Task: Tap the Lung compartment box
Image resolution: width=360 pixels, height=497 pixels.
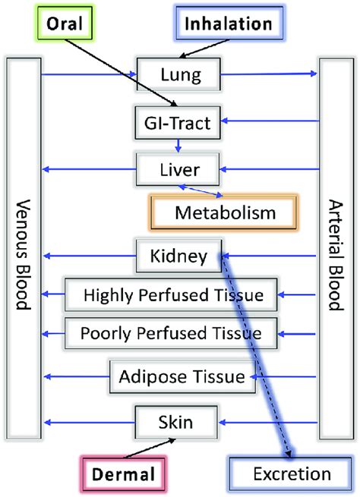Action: [x=179, y=74]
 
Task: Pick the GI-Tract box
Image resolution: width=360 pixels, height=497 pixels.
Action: [x=179, y=119]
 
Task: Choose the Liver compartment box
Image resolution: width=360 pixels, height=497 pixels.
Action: [x=179, y=168]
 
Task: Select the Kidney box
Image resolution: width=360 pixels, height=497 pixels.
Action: [x=179, y=256]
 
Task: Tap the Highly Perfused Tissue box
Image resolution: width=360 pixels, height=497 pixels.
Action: [x=173, y=294]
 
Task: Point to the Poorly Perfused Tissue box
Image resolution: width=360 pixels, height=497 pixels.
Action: [x=173, y=332]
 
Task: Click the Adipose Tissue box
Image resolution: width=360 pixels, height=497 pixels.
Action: [x=181, y=376]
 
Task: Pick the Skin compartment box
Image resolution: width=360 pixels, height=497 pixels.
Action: [x=176, y=422]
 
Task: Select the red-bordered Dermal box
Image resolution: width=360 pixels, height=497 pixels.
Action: [x=122, y=475]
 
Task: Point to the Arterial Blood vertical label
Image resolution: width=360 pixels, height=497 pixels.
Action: [x=336, y=250]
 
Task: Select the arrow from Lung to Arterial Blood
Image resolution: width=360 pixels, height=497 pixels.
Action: [x=270, y=74]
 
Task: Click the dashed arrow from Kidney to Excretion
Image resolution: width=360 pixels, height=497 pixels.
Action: [x=258, y=364]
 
